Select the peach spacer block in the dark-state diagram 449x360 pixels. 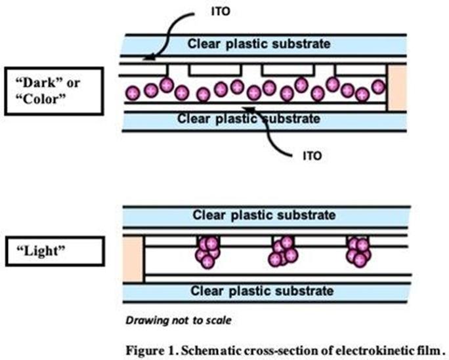396,89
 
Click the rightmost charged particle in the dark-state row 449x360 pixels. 378,87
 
